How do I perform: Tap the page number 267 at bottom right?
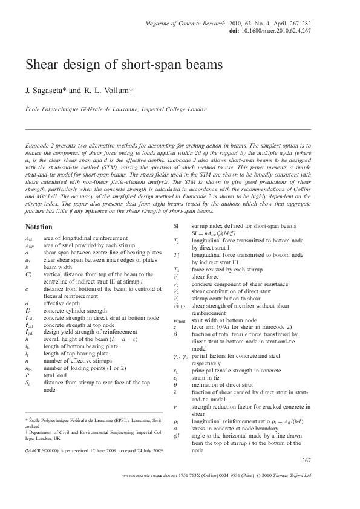coord(306,461)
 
